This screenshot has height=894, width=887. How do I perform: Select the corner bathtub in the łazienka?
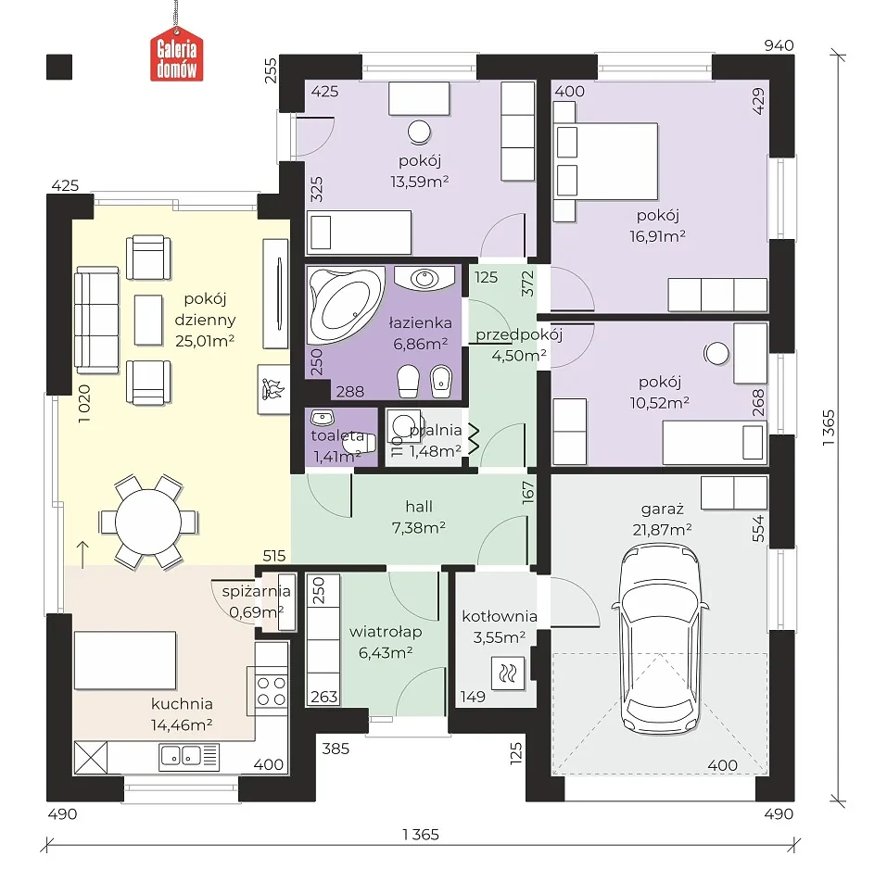point(345,305)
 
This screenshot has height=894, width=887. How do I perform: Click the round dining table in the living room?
point(148,522)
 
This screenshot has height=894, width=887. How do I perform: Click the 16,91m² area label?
point(658,236)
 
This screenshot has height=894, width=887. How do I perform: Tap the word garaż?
point(662,510)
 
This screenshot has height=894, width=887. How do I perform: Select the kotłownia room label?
point(500,616)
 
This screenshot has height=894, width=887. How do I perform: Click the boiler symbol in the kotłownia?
point(508,674)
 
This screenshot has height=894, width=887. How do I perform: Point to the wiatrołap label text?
point(386,632)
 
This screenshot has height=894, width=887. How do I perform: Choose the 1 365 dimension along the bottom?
point(421,835)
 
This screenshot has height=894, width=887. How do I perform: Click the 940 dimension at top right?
point(779,45)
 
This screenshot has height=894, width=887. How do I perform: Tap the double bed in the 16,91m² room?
point(606,161)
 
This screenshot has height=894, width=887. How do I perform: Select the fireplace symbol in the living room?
point(273,389)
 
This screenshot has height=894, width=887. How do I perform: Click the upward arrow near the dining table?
point(82,554)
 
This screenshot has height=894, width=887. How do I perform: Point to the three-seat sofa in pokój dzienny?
point(97,320)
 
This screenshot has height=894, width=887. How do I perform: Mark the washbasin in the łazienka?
point(424,279)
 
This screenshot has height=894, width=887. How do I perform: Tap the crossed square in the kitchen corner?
point(91,757)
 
